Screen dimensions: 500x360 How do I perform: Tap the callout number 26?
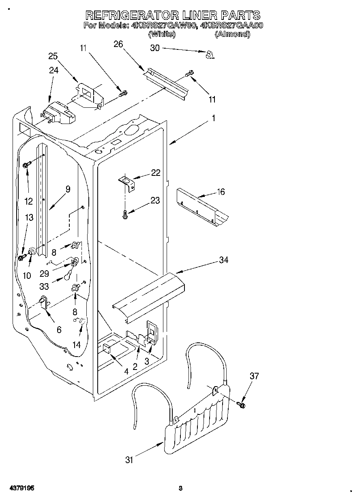[118, 44]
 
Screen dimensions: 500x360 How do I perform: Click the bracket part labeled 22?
[127, 182]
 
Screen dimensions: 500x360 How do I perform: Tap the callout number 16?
[220, 192]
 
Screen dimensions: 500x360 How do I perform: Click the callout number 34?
[223, 260]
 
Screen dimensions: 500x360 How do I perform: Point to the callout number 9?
[67, 189]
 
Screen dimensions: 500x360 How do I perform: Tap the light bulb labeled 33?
[69, 276]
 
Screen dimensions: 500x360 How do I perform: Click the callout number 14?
[76, 344]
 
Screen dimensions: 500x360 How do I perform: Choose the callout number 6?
[59, 330]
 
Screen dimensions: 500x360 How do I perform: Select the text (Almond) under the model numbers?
[232, 34]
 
